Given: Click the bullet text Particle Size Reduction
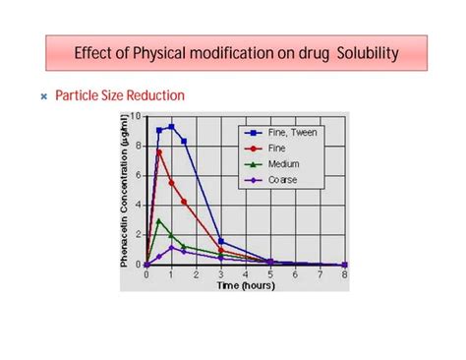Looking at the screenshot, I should [120, 96].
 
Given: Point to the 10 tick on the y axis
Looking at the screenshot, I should [137, 116].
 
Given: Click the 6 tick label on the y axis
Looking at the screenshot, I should [139, 175].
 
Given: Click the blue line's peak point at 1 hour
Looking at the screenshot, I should [171, 126].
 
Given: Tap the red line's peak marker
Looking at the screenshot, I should [159, 151].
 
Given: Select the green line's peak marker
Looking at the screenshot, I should [159, 221].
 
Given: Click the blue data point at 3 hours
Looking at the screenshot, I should [221, 241].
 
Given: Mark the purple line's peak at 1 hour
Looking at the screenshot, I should [171, 248].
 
